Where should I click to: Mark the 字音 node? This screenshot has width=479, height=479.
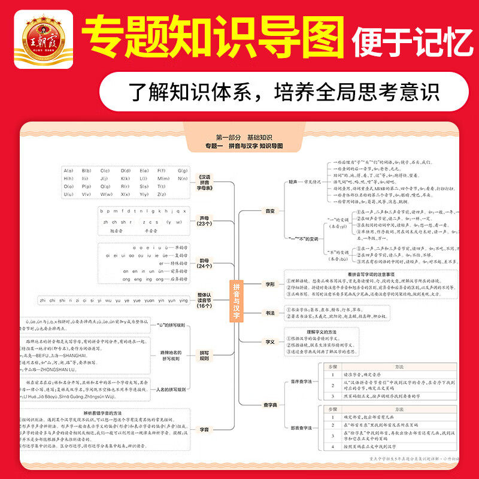[x=205, y=429]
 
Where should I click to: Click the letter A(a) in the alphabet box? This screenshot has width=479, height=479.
[x=68, y=170]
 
